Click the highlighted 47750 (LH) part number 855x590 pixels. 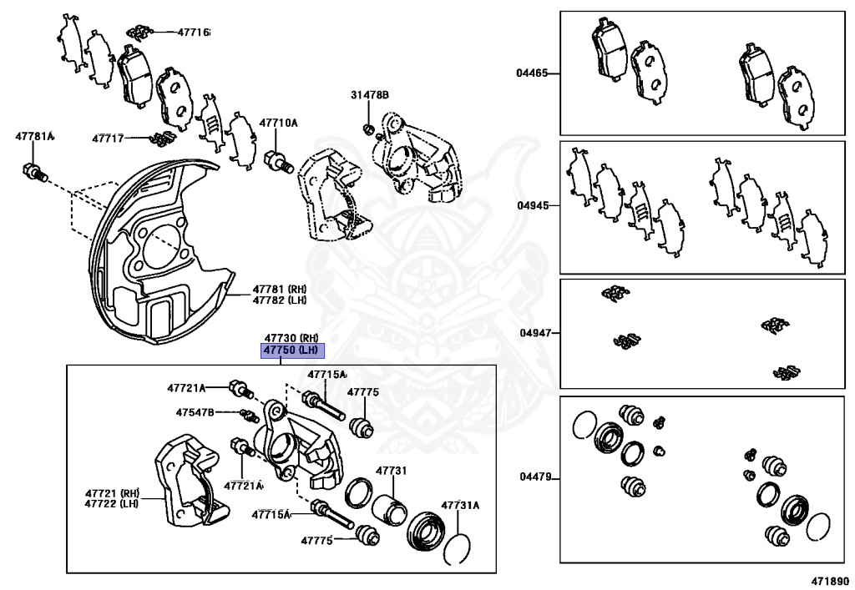292,350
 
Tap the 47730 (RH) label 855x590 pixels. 292,337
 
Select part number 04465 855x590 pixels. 531,73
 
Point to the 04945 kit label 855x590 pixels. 531,204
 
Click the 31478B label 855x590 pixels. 369,95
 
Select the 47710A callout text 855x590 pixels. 278,123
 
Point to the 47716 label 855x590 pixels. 193,33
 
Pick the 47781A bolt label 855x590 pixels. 34,136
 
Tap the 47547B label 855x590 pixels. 195,412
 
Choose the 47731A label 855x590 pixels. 460,505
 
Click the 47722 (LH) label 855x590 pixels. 111,503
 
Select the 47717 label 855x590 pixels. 108,138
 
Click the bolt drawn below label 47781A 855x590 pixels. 33,173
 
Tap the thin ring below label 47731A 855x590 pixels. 456,550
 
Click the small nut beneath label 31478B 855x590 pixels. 368,129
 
